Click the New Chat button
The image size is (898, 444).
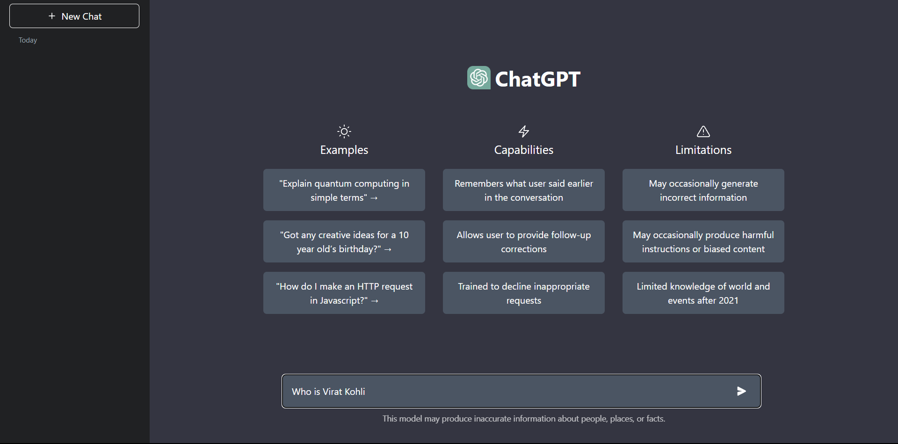[74, 16]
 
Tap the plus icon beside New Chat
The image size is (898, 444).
[52, 16]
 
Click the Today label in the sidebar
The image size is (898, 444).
[28, 40]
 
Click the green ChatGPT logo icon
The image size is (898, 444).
[478, 78]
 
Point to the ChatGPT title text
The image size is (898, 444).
[537, 79]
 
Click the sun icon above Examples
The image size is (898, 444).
[344, 131]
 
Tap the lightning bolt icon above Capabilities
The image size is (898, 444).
[524, 131]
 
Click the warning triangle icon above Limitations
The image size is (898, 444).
[703, 131]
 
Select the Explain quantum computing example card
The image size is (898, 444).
[344, 190]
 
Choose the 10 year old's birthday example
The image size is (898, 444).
[344, 241]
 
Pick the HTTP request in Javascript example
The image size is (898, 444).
[344, 293]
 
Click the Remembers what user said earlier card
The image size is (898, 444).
[523, 190]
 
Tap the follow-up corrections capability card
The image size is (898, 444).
[523, 241]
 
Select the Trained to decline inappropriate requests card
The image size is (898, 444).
[523, 293]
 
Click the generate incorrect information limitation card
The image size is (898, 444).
[703, 190]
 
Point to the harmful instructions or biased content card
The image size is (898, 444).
[703, 241]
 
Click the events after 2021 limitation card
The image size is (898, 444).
[703, 293]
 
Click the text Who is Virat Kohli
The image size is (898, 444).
[328, 392]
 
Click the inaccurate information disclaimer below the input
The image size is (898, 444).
[523, 419]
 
